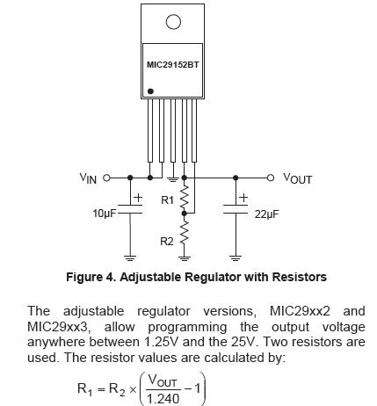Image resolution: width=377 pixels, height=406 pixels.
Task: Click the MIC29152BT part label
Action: click(x=172, y=64)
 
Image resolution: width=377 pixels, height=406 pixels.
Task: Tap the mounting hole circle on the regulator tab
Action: click(x=173, y=22)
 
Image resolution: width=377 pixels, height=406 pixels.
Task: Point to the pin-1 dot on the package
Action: click(x=150, y=91)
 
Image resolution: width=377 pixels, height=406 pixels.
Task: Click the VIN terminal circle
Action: click(x=107, y=178)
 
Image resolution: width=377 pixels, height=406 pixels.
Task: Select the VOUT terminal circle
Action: click(x=270, y=178)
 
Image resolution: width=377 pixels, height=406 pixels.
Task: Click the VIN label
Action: click(x=88, y=178)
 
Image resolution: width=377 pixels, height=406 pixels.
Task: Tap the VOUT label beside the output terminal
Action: click(x=297, y=178)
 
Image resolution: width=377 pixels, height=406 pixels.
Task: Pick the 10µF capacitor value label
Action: click(x=105, y=214)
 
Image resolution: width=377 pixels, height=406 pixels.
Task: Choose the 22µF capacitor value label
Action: click(x=266, y=214)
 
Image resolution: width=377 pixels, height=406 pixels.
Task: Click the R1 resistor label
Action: click(x=167, y=200)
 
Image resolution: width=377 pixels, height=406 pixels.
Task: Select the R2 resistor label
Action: click(x=167, y=242)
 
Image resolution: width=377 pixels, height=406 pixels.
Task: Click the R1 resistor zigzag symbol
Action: click(x=184, y=196)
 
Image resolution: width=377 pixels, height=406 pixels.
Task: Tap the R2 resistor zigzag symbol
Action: click(x=184, y=233)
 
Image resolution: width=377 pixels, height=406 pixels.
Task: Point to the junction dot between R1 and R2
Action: click(x=184, y=214)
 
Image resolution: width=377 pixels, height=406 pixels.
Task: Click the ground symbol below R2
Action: click(x=184, y=258)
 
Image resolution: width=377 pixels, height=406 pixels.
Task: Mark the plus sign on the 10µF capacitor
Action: click(x=138, y=198)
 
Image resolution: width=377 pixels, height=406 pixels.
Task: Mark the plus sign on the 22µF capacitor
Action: click(x=243, y=198)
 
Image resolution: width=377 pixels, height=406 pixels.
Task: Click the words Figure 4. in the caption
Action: click(x=91, y=277)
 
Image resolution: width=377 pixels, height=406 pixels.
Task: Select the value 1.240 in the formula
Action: click(x=163, y=399)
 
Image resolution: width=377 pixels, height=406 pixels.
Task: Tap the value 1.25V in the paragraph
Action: click(x=161, y=342)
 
